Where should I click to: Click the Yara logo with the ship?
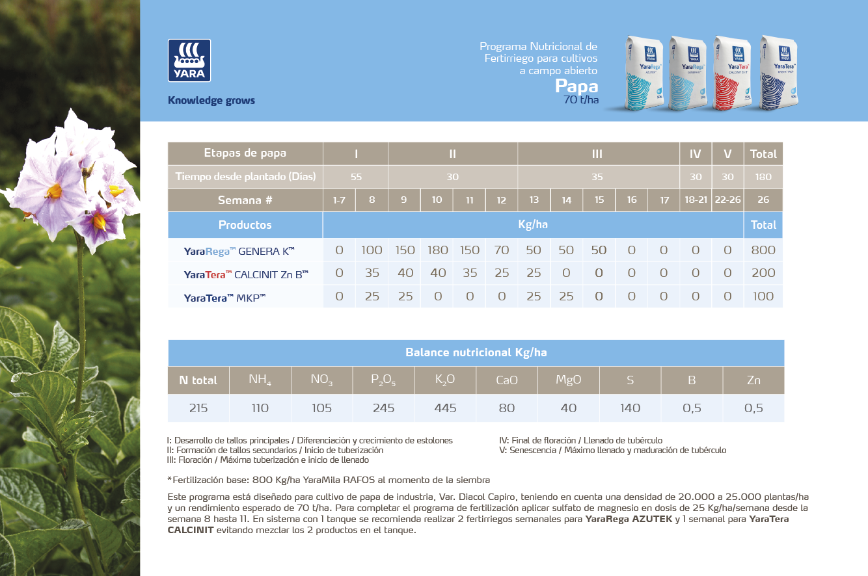189,60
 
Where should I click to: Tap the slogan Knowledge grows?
211,101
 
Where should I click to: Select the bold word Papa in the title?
576,86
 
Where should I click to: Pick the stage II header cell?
453,154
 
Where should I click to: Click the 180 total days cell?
763,177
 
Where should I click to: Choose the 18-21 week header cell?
696,200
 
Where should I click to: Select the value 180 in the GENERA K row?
437,250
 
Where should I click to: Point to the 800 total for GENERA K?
763,250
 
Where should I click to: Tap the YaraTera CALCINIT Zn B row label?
246,274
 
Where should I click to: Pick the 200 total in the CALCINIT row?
763,274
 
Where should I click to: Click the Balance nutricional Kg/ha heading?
476,352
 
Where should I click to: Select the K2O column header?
445,380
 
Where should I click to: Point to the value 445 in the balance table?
445,408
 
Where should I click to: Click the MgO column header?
568,380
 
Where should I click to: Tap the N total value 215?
198,408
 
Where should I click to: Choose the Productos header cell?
245,225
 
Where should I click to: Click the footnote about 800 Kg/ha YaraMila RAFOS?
329,480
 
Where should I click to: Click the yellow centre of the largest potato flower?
55,191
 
